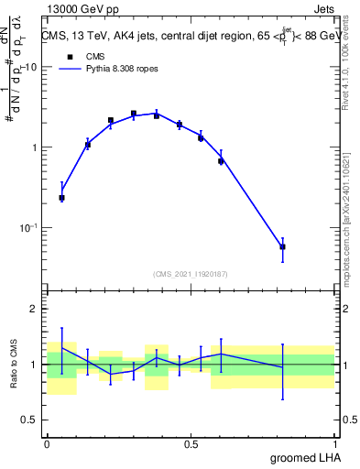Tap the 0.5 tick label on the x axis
pyautogui.click(x=191, y=443)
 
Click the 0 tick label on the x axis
pyautogui.click(x=47, y=443)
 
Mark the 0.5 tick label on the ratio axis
pyautogui.click(x=30, y=420)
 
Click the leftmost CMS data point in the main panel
pyautogui.click(x=61, y=197)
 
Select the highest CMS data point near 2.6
pyautogui.click(x=134, y=114)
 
